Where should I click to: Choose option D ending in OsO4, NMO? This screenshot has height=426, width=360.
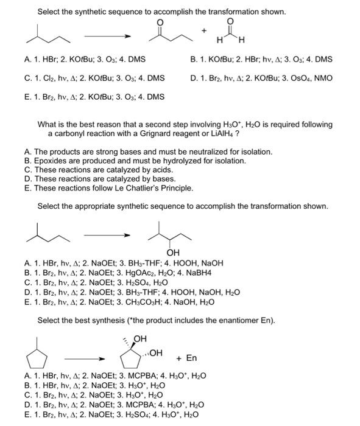(x=262, y=78)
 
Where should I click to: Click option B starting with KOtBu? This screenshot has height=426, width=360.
(x=262, y=59)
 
